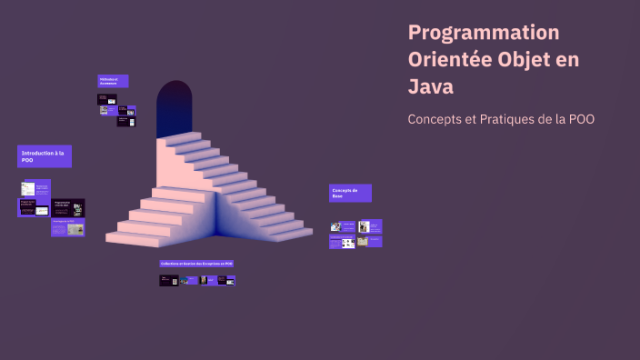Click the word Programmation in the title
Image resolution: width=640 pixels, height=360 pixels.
[x=484, y=33]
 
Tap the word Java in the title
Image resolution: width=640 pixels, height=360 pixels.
[x=430, y=88]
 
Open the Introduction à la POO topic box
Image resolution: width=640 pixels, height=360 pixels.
[x=44, y=156]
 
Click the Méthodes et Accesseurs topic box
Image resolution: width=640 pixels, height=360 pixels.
[x=113, y=81]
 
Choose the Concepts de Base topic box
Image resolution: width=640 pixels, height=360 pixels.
[x=350, y=193]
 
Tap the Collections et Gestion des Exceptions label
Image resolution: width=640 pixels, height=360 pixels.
[x=196, y=264]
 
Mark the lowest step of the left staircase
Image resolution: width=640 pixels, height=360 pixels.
[x=136, y=239]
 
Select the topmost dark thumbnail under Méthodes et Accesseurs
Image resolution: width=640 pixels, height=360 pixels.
[x=108, y=98]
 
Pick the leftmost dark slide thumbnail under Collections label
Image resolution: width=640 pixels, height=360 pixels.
[x=169, y=281]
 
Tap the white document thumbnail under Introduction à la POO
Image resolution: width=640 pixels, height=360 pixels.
[x=29, y=188]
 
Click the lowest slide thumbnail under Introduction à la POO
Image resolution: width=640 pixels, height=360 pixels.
[x=68, y=228]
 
